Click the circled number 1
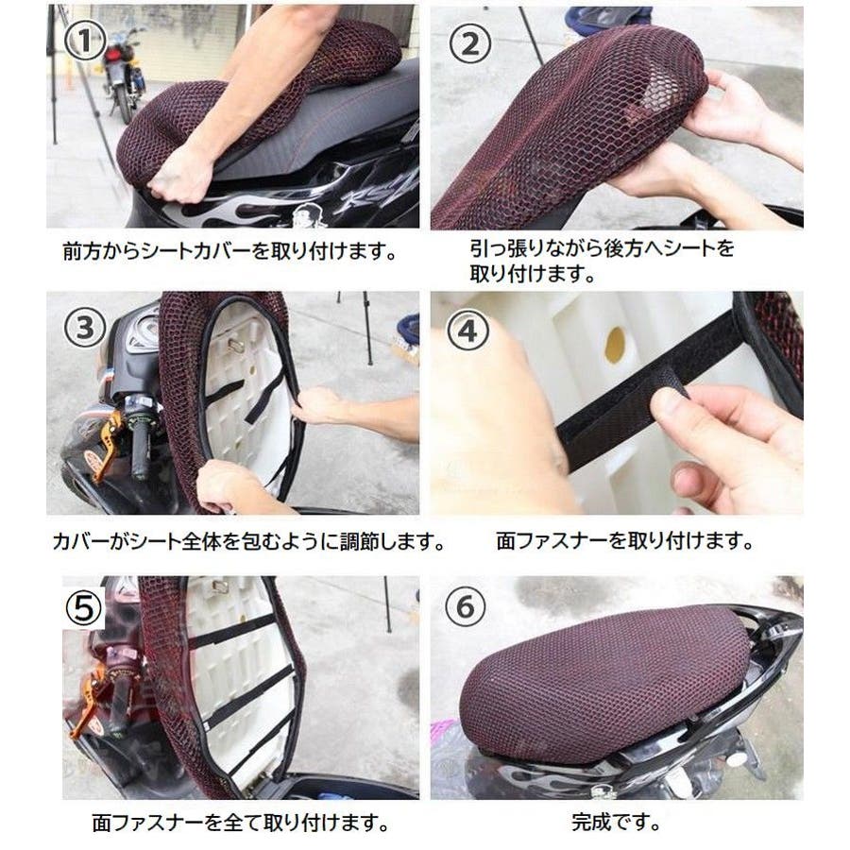[x=85, y=39]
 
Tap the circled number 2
[x=470, y=43]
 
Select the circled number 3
[x=85, y=328]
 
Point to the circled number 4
[x=467, y=331]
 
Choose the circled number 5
[x=83, y=607]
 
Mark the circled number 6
[x=466, y=606]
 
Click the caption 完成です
[x=616, y=823]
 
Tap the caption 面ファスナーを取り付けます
[x=624, y=540]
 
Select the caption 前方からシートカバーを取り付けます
[x=229, y=250]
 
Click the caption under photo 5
[x=241, y=823]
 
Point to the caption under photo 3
[x=248, y=541]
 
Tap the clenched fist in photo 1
[x=178, y=175]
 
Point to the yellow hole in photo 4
[x=615, y=346]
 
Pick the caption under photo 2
[x=602, y=262]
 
